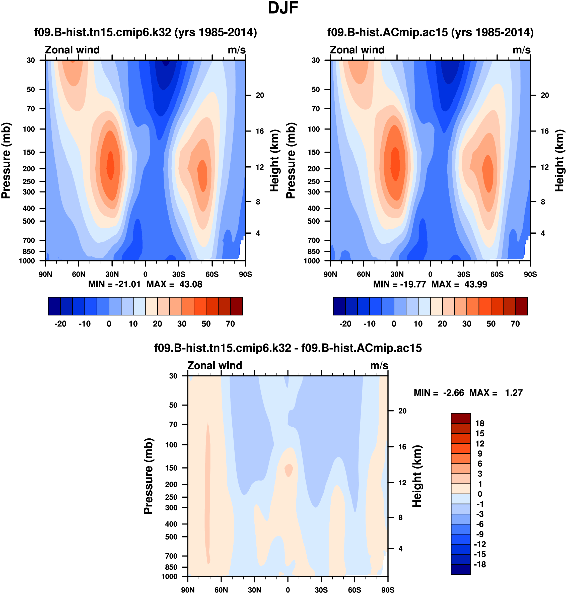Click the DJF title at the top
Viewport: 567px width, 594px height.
click(x=283, y=8)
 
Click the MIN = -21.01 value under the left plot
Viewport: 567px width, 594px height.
click(x=114, y=285)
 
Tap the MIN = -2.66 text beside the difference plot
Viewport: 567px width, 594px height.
click(x=439, y=393)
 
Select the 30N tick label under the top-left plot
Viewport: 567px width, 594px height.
click(x=112, y=275)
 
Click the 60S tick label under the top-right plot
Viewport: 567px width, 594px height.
click(x=497, y=275)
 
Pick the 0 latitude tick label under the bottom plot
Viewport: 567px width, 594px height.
click(x=288, y=590)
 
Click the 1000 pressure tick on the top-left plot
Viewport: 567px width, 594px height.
click(x=27, y=261)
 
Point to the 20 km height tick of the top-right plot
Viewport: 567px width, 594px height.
click(x=545, y=95)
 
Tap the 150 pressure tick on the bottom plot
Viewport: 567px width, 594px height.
click(x=171, y=468)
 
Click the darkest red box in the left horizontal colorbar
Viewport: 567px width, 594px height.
click(x=236, y=306)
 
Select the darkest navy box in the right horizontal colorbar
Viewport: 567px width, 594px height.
click(x=339, y=306)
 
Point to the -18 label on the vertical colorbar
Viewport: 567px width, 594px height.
click(x=480, y=564)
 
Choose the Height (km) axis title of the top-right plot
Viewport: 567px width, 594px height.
click(x=559, y=161)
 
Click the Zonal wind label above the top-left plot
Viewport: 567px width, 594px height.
click(x=72, y=50)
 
